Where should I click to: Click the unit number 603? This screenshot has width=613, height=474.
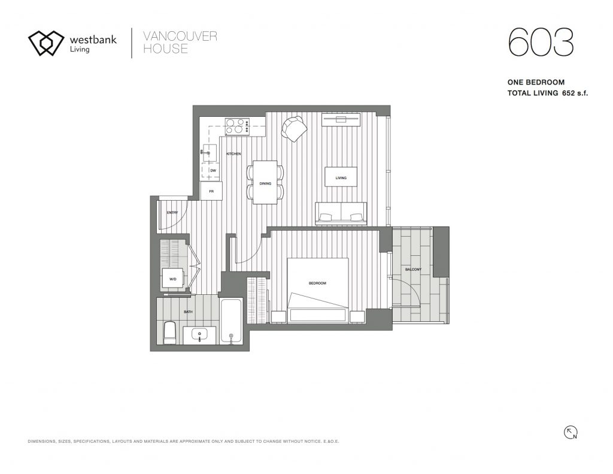[541, 42]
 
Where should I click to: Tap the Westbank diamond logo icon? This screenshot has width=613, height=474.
[45, 43]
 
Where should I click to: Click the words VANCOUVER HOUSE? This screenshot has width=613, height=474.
[180, 43]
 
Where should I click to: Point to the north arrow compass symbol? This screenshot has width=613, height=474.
[570, 433]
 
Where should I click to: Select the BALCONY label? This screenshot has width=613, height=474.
[413, 270]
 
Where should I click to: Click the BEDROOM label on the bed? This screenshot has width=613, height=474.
[317, 283]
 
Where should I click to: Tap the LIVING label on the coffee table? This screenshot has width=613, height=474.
[341, 178]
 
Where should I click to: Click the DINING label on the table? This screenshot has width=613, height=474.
[265, 183]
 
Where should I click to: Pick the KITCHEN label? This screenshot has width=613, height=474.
[233, 154]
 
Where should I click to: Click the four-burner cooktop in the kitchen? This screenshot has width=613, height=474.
[235, 126]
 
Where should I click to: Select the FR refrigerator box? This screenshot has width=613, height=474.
[211, 191]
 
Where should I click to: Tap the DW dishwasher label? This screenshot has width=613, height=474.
[213, 171]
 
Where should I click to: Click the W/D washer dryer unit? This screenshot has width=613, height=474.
[173, 279]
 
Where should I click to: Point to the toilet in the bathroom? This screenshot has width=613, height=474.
[169, 333]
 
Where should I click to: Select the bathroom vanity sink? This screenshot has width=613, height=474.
[200, 336]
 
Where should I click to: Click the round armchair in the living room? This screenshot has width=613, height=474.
[294, 129]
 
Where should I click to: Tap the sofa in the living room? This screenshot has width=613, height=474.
[341, 214]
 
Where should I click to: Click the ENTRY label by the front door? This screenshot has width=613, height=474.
[172, 213]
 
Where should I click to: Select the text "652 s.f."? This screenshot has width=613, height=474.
[575, 93]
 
